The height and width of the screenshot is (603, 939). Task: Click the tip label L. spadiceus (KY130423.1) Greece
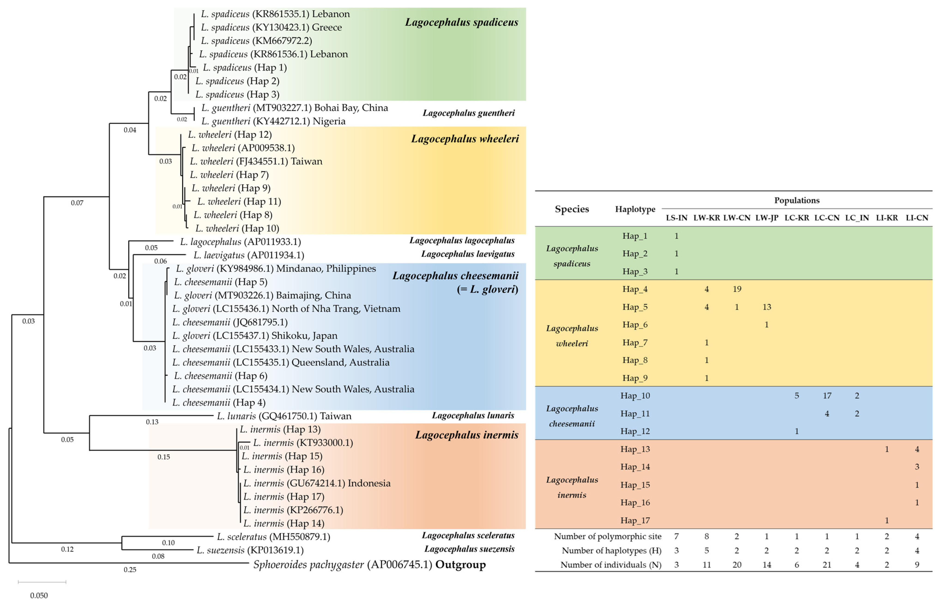click(x=271, y=27)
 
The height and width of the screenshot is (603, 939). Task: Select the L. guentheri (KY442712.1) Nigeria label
click(x=273, y=121)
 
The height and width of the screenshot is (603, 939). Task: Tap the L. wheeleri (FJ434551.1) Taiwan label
click(x=256, y=161)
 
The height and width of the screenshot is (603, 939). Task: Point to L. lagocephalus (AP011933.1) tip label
click(x=240, y=242)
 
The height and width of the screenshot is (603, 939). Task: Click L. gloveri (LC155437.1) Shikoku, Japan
click(x=255, y=336)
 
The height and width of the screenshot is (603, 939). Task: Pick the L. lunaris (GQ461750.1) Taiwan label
click(x=284, y=416)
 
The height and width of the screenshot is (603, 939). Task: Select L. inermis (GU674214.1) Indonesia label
click(x=317, y=483)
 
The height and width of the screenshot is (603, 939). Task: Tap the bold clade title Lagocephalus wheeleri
click(x=465, y=139)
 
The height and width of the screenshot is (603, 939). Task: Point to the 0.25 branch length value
click(x=130, y=570)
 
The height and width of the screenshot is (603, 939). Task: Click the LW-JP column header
click(x=767, y=218)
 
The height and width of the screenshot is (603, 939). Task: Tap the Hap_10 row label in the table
click(x=635, y=396)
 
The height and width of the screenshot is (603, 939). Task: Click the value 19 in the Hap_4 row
click(x=737, y=289)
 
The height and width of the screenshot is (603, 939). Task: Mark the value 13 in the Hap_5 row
click(x=767, y=307)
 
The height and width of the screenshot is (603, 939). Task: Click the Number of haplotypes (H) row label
click(x=611, y=551)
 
